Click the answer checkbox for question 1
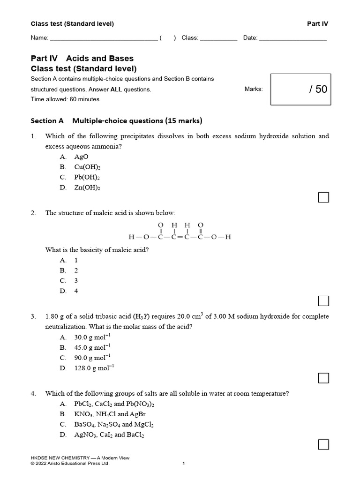[x=323, y=197]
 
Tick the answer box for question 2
[x=323, y=300]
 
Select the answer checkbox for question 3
[x=323, y=378]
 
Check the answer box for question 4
[x=323, y=444]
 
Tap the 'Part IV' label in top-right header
[x=318, y=24]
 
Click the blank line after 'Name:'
[x=104, y=38]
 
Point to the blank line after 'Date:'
[x=293, y=38]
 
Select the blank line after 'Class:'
[x=219, y=38]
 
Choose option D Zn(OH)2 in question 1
[x=87, y=187]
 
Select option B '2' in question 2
[x=76, y=270]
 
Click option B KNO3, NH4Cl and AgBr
[x=107, y=414]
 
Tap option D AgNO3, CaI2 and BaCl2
[x=109, y=435]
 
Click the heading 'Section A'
[x=47, y=120]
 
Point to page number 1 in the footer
[x=184, y=464]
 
